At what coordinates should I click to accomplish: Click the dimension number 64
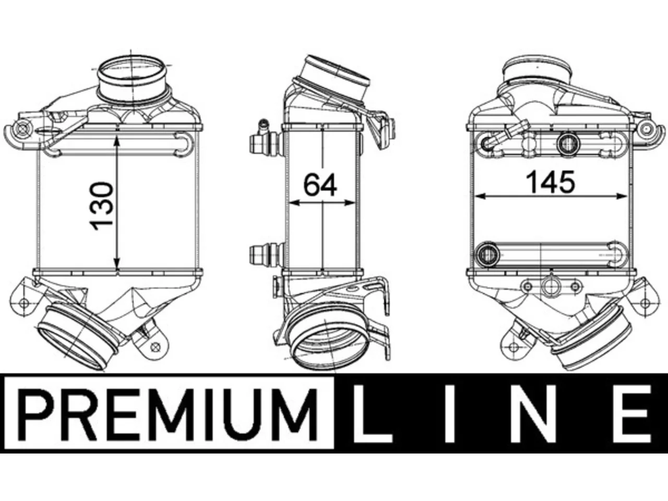(x=320, y=185)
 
